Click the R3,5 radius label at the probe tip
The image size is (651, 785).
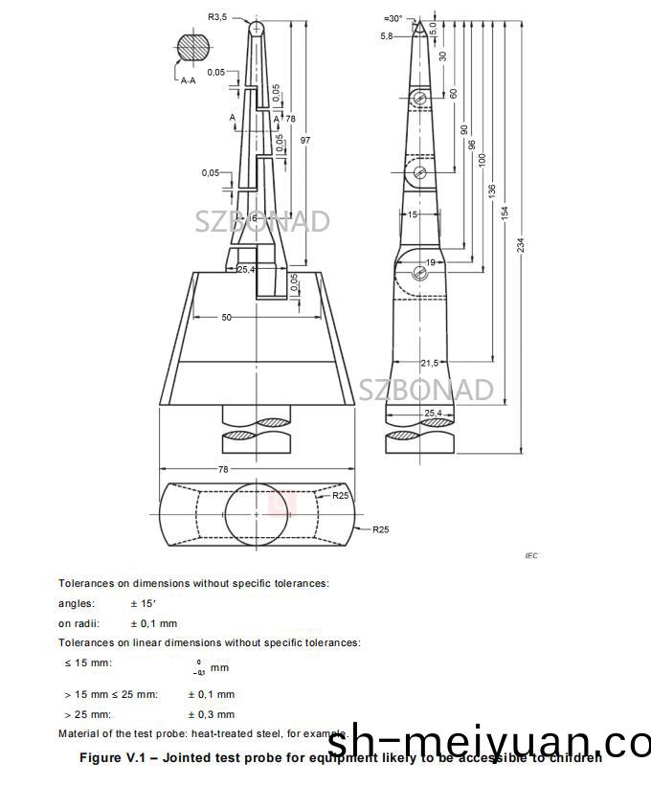(218, 16)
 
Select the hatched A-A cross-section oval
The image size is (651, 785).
(193, 48)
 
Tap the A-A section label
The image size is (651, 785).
(188, 81)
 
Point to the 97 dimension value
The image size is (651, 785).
(305, 141)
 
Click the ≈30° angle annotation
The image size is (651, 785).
(393, 18)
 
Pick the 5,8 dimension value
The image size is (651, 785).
(386, 35)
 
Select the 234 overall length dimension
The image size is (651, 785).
(522, 245)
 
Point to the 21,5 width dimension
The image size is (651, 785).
(430, 363)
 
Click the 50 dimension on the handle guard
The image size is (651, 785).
(227, 317)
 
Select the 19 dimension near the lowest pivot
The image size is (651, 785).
(430, 262)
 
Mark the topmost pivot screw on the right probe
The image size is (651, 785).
(419, 99)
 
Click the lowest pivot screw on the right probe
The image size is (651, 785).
(419, 274)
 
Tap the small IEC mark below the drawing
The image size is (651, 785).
(532, 555)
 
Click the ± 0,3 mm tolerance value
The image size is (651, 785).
(211, 714)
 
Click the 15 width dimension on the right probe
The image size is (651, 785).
(413, 215)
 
